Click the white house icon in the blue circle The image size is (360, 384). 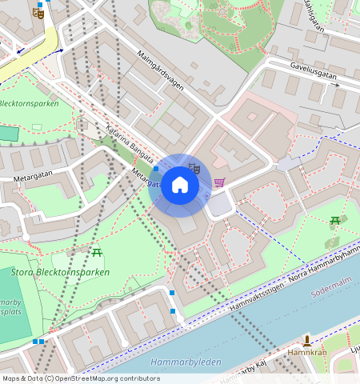(x=180, y=186)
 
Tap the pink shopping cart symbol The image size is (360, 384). (x=219, y=182)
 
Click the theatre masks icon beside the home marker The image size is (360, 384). (x=193, y=168)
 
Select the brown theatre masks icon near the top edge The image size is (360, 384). (x=38, y=13)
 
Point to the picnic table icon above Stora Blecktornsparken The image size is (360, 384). (x=97, y=253)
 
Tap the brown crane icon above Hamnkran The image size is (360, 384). (x=307, y=340)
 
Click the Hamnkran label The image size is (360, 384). (x=306, y=352)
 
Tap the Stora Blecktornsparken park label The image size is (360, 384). (x=61, y=272)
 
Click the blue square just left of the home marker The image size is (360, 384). (x=155, y=169)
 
